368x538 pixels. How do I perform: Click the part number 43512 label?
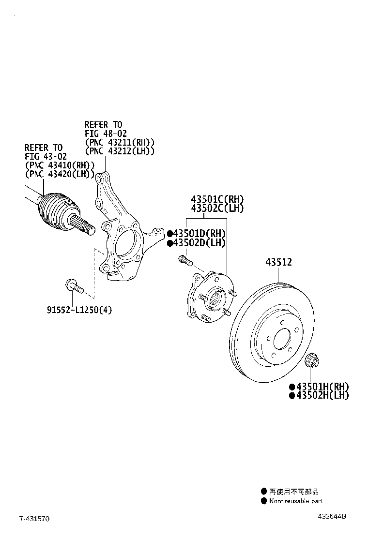[278, 262]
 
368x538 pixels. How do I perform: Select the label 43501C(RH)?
[217, 199]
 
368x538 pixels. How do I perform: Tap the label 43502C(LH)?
[217, 209]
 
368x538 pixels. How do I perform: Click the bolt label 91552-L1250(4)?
[79, 310]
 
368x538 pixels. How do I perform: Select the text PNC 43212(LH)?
[120, 151]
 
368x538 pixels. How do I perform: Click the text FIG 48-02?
[106, 134]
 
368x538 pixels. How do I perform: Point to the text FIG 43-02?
[46, 156]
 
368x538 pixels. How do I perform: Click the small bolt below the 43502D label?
[184, 260]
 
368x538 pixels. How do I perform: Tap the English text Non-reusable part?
[296, 501]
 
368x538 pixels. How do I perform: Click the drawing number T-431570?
[34, 519]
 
